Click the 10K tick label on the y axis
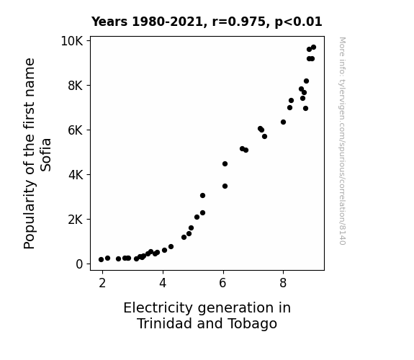72,41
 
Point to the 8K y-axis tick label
76,86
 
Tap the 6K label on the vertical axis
76,130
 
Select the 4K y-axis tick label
76,175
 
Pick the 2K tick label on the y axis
76,220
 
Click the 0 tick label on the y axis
79,264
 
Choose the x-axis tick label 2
102,283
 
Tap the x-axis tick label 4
163,283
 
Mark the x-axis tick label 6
223,283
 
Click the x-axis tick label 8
283,283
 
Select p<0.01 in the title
298,22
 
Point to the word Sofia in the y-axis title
45,155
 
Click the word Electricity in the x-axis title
158,308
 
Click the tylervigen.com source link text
342,141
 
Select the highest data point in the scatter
313,48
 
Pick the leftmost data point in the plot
101,260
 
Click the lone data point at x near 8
283,122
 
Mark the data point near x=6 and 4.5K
225,163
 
